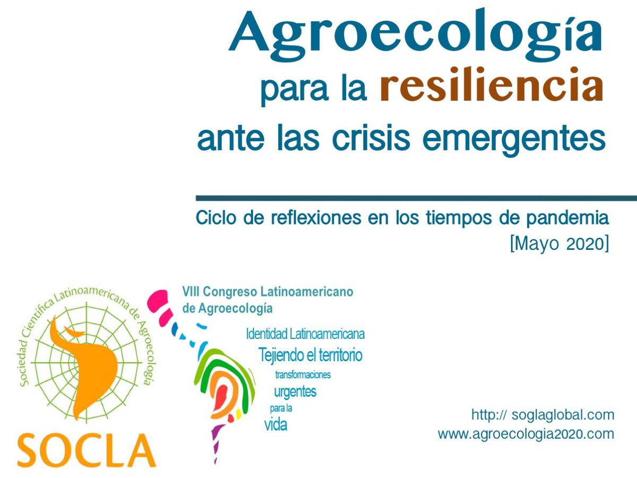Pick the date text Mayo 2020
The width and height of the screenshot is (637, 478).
tap(558, 245)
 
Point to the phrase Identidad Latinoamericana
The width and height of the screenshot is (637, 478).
tap(305, 334)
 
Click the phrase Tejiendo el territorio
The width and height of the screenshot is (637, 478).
tap(311, 354)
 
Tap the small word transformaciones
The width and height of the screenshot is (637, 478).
tap(303, 375)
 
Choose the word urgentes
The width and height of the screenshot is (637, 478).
tap(295, 392)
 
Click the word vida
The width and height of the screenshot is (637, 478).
tap(276, 425)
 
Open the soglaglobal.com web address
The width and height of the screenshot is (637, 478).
tap(543, 414)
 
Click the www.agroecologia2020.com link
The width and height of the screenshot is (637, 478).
tap(526, 434)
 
